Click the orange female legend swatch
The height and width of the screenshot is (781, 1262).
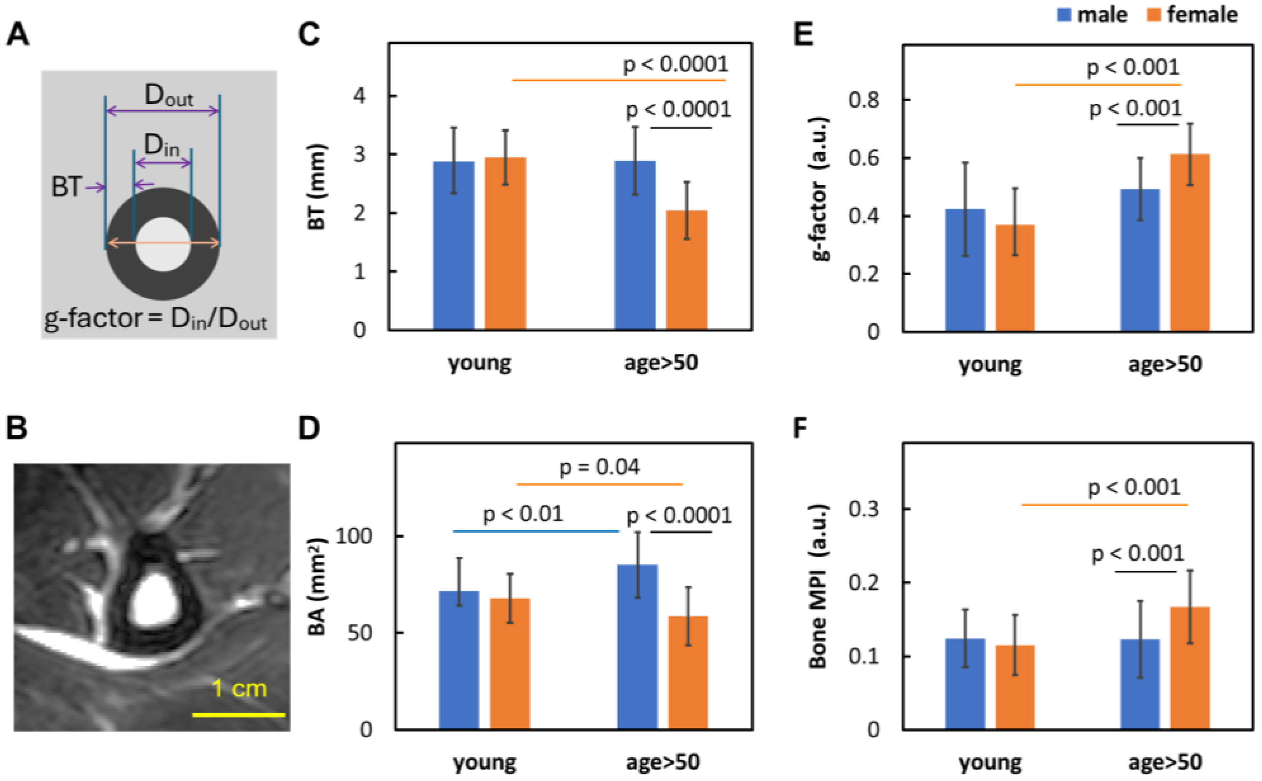point(1153,14)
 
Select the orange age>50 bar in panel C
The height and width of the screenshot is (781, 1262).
point(686,270)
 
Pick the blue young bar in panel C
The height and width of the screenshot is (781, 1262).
point(453,245)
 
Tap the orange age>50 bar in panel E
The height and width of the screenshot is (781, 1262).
point(1190,242)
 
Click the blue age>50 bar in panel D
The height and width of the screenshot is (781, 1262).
point(637,647)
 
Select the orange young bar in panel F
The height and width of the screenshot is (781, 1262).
point(1015,687)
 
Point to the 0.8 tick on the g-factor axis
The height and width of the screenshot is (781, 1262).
point(864,100)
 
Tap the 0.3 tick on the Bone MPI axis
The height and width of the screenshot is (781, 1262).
point(864,509)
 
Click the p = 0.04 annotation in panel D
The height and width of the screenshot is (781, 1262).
point(600,467)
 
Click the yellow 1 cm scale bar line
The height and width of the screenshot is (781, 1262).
point(238,715)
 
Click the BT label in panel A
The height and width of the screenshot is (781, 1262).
point(66,187)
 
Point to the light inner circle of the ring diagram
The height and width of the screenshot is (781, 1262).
point(164,244)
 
